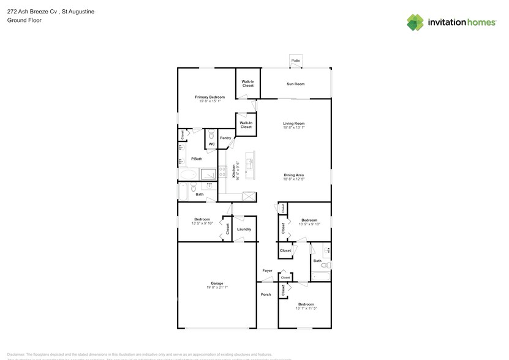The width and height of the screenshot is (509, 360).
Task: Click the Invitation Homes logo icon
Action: [415, 22]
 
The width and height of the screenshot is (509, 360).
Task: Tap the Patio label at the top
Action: [296, 61]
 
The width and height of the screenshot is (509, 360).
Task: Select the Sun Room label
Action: [296, 84]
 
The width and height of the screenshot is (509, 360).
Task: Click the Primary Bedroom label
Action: [209, 97]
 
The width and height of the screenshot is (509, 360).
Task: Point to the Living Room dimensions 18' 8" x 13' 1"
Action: [294, 128]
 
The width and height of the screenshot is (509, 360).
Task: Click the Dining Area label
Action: [294, 174]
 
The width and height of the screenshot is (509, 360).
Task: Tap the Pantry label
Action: [225, 138]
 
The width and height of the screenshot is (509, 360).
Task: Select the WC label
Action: [211, 144]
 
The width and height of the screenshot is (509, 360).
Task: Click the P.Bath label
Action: [197, 159]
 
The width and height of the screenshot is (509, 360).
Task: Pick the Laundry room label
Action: [244, 229]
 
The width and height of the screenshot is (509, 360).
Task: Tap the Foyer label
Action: [267, 271]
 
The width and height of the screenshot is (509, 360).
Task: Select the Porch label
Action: [266, 294]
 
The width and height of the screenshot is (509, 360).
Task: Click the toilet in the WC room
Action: [211, 135]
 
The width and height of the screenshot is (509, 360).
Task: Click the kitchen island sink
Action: [250, 163]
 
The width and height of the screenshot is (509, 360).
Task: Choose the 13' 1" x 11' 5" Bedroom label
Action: [306, 304]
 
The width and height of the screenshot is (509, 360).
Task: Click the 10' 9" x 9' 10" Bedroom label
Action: [309, 220]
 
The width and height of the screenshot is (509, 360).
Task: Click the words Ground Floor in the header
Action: [22, 20]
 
